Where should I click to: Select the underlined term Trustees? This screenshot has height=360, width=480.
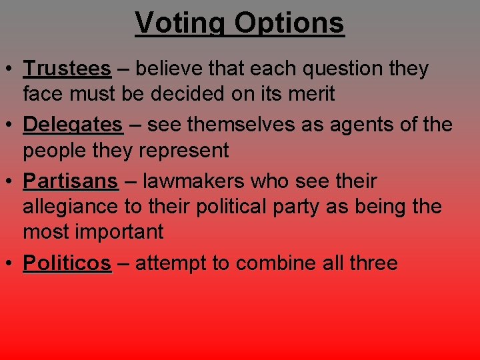[x=67, y=69]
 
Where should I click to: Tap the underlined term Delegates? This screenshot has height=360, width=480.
[x=73, y=125]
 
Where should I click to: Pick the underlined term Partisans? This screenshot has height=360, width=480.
[x=70, y=181]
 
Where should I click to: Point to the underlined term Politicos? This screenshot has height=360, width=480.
[x=67, y=263]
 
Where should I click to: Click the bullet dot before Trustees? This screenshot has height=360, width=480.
[x=11, y=69]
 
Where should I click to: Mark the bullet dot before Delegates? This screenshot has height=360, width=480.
[x=11, y=125]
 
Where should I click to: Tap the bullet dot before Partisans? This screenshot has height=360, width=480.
[x=11, y=182]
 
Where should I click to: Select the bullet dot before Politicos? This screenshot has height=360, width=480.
[x=11, y=264]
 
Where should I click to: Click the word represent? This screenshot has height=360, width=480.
[x=183, y=151]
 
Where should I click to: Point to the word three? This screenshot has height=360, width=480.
[x=373, y=263]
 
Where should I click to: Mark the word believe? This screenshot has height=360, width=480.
[x=169, y=69]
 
